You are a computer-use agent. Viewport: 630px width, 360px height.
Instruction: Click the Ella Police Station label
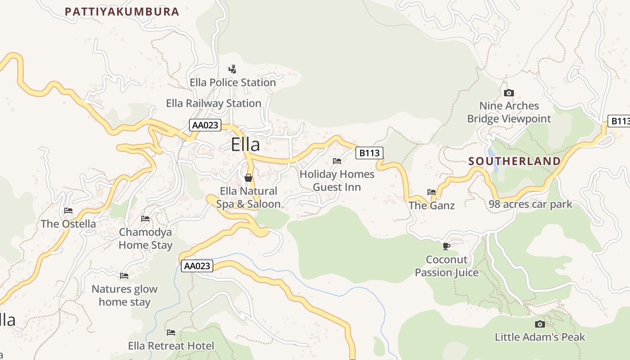233,83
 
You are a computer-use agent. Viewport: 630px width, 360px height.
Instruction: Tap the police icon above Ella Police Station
232,69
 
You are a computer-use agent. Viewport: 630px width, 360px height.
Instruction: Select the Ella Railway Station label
213,103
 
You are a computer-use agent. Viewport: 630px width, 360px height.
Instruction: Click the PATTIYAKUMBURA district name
122,12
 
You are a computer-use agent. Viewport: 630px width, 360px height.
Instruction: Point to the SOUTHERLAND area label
514,161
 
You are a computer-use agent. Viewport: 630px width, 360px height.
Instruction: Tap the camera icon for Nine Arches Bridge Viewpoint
509,93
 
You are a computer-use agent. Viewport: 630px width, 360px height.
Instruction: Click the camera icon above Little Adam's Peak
540,324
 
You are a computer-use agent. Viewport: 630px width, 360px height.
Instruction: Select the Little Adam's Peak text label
540,337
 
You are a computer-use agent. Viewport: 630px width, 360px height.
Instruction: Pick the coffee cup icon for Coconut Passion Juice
446,246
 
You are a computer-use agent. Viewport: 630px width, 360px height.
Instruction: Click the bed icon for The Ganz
432,192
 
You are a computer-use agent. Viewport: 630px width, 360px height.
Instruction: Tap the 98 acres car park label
531,204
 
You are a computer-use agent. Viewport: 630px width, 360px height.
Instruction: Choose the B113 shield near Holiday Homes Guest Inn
369,153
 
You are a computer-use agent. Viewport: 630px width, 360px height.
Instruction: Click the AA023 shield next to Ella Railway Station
205,125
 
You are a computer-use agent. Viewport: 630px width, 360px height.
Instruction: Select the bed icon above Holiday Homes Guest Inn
337,161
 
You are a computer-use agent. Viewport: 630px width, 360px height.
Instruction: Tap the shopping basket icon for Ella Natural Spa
248,178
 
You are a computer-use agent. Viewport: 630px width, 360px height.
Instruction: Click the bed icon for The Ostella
68,211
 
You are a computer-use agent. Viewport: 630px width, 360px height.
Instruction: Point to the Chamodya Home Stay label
145,238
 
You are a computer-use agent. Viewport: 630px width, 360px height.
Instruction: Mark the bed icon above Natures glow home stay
124,276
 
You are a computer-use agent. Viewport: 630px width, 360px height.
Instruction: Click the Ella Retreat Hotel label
171,346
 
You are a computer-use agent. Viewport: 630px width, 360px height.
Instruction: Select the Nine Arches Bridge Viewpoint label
509,112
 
